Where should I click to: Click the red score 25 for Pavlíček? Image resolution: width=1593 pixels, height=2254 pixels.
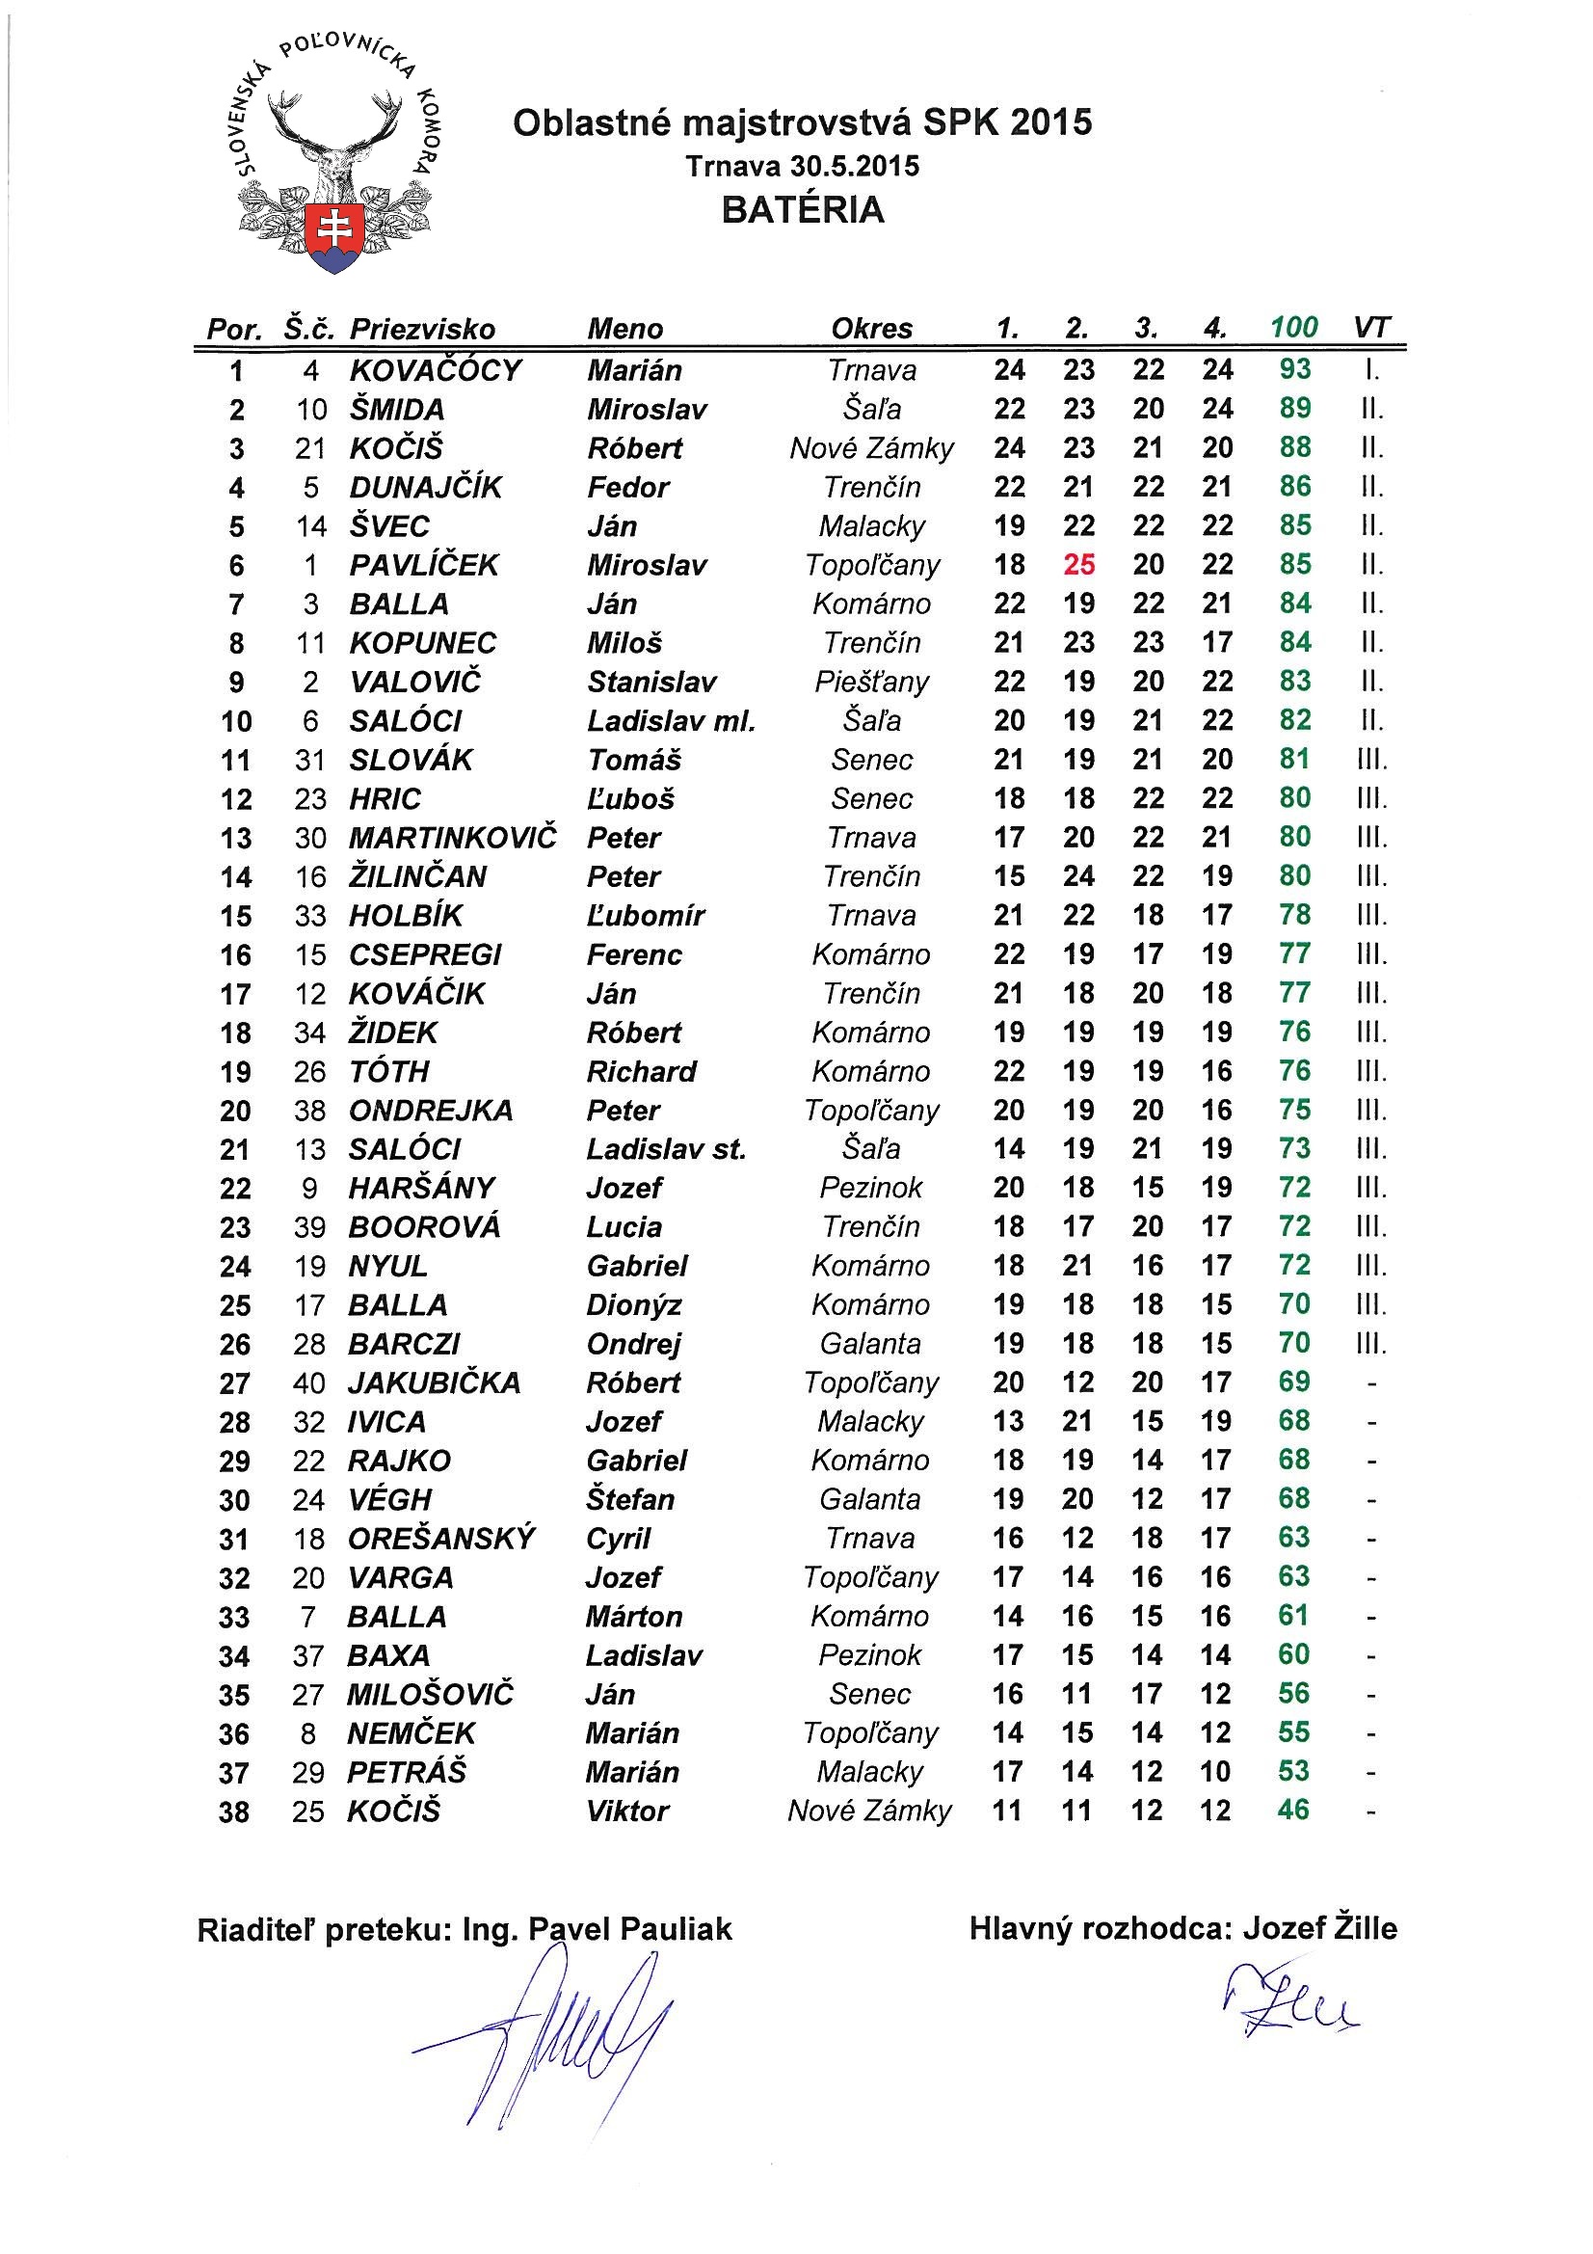click(x=1078, y=565)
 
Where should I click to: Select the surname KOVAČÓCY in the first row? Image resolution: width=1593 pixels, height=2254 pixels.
click(x=436, y=370)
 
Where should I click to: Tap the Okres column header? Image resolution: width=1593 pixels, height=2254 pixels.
click(x=871, y=328)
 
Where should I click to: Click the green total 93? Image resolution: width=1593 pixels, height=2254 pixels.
click(x=1294, y=369)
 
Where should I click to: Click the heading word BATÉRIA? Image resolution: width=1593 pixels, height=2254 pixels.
click(x=803, y=210)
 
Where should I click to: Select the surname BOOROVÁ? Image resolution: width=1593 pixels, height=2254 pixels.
click(x=424, y=1227)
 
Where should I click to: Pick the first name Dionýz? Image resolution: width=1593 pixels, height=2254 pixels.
click(x=634, y=1304)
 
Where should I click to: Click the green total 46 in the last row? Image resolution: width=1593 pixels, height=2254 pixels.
click(x=1293, y=1810)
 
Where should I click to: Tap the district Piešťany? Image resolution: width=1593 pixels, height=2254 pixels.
click(x=871, y=682)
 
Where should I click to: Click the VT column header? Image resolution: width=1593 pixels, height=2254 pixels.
click(x=1371, y=327)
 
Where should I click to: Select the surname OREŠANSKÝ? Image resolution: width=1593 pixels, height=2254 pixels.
click(x=441, y=1539)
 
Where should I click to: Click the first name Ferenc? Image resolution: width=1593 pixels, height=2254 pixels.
click(x=634, y=954)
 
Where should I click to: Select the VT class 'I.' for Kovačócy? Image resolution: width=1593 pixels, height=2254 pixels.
click(x=1371, y=370)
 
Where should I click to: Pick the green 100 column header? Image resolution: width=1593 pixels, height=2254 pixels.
click(x=1293, y=327)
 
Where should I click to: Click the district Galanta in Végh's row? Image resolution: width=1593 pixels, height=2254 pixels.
click(x=869, y=1499)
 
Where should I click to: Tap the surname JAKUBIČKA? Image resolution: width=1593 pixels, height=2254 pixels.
click(x=434, y=1382)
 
